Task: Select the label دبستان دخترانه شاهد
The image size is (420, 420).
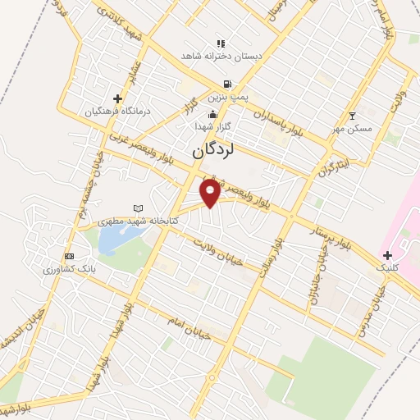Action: click(221, 56)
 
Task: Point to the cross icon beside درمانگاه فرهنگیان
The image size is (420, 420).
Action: click(117, 98)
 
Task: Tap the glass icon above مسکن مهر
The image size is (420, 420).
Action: click(353, 116)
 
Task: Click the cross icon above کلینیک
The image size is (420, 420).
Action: click(387, 255)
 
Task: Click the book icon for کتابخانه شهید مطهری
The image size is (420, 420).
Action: click(137, 208)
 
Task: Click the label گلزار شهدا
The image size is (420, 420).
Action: click(213, 127)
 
